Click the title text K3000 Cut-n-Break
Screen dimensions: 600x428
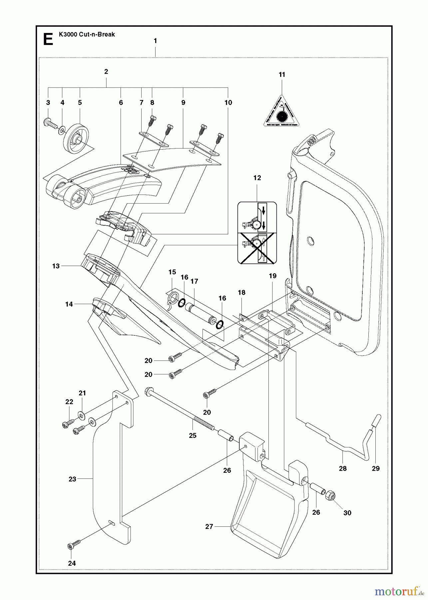click(x=87, y=34)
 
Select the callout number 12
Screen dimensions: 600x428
click(x=257, y=178)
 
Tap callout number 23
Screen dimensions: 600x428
click(x=72, y=479)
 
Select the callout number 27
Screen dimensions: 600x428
click(x=209, y=527)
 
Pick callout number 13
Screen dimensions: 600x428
click(x=56, y=266)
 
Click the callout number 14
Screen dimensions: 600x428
click(x=69, y=304)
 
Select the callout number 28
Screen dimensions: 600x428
click(x=343, y=468)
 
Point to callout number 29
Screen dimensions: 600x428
click(x=376, y=468)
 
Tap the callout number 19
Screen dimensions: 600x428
click(x=273, y=276)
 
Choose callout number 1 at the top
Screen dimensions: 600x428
click(x=155, y=41)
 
